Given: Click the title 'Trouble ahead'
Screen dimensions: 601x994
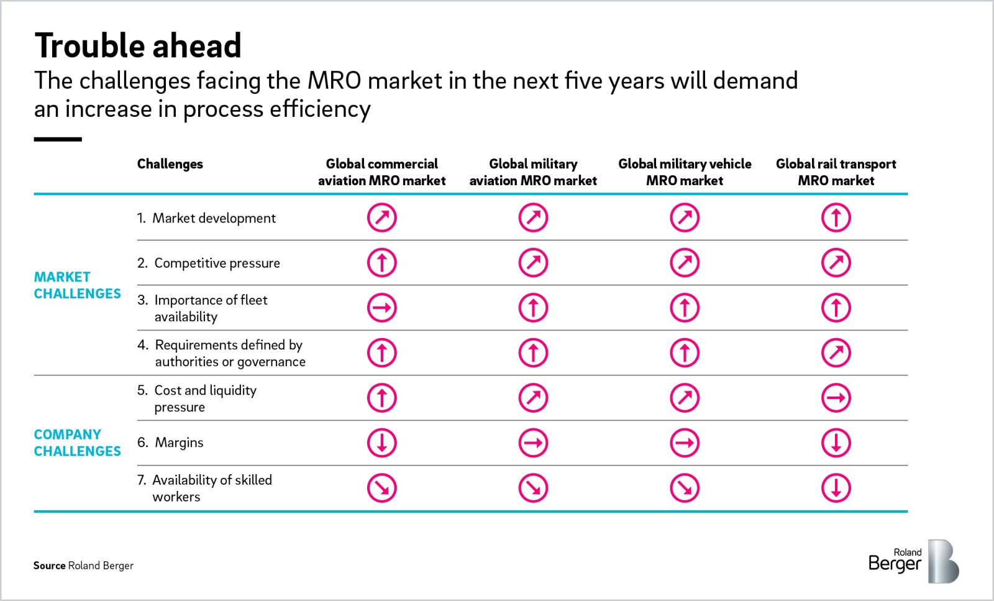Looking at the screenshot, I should (x=138, y=45).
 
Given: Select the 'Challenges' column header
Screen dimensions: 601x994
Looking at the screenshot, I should (x=170, y=164).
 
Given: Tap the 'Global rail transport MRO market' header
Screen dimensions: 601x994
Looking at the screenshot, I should (x=836, y=172).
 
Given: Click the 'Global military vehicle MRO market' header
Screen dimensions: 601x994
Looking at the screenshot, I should (x=685, y=172).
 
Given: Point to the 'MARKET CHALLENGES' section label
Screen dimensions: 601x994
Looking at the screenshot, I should (x=77, y=285).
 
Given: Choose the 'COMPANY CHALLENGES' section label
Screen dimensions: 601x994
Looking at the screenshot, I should (x=77, y=443).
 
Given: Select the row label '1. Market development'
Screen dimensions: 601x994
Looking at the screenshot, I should (x=206, y=218).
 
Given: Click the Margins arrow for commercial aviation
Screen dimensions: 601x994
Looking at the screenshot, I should (x=381, y=443).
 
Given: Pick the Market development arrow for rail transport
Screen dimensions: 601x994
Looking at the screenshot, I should (x=836, y=218).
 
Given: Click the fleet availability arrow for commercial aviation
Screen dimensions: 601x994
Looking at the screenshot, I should (x=381, y=308).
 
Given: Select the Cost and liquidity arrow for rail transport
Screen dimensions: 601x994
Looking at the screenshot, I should (x=836, y=398).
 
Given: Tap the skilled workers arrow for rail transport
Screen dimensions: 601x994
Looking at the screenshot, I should (x=836, y=489).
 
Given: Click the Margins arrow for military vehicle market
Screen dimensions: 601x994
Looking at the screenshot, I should (x=685, y=443).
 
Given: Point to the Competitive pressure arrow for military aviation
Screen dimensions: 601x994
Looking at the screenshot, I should (x=533, y=263).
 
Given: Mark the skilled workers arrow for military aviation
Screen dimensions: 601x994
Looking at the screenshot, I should (x=533, y=489).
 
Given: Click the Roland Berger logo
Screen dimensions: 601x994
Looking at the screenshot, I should (x=913, y=561).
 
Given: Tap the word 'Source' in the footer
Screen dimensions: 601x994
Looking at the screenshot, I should (x=49, y=566).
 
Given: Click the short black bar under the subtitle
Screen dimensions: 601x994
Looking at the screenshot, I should (x=58, y=139).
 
